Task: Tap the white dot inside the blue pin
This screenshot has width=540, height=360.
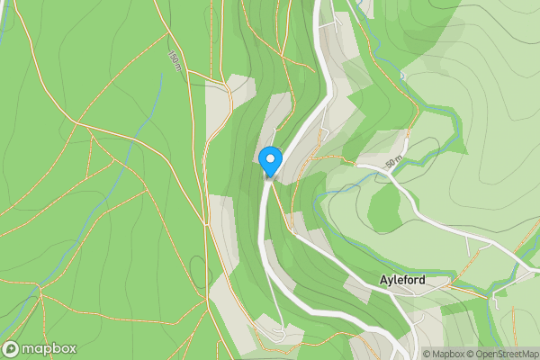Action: tap(270, 159)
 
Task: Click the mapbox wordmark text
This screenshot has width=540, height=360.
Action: tap(49, 348)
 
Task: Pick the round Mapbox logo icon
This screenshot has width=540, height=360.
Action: tap(12, 348)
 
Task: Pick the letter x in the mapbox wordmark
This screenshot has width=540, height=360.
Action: tap(70, 348)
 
